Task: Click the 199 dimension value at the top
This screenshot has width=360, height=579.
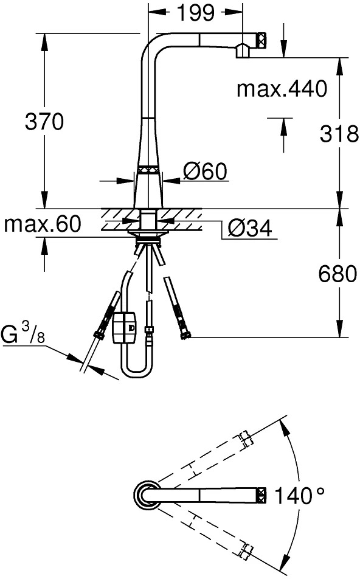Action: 195,12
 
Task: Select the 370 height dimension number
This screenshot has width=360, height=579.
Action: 44,122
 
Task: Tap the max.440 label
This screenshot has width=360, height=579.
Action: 282,89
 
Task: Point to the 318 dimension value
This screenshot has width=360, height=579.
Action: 339,134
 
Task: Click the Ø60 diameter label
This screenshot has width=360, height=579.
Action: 206,172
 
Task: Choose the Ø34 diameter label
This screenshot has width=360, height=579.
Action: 250,228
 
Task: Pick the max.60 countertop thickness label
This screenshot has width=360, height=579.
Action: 42,224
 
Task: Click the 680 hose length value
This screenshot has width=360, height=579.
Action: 338,274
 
